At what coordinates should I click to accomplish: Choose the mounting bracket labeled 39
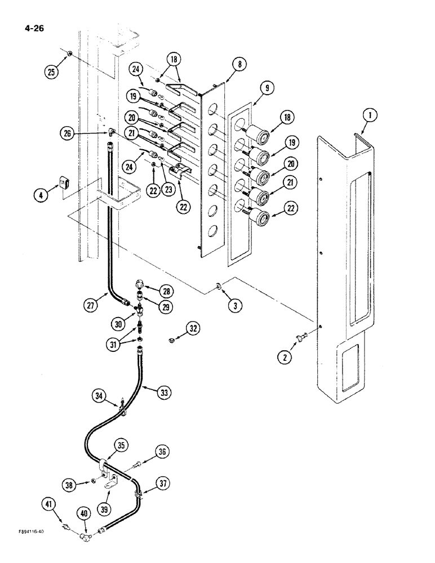click(110, 482)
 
